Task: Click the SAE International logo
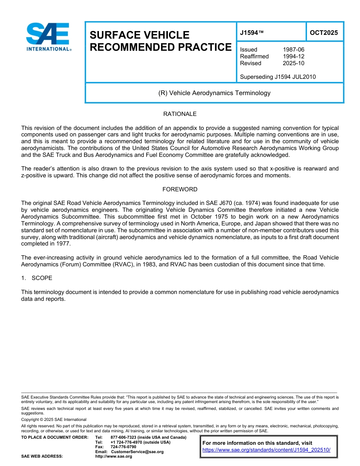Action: pos(48,37)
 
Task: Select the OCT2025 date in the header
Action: pos(324,33)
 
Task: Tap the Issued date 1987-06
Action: pos(293,50)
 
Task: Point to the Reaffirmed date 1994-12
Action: pos(293,56)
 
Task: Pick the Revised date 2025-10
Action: pos(293,63)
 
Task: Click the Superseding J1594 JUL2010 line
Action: pos(278,77)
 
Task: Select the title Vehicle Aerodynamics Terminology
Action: pos(214,93)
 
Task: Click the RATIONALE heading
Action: pos(180,114)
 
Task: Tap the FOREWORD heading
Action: pos(180,189)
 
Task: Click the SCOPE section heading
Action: pos(42,278)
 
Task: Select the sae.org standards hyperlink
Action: pos(266,450)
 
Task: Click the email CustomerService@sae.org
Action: pos(137,452)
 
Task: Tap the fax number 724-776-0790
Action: pos(123,447)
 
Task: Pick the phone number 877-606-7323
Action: pos(124,437)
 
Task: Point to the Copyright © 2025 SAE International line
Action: pos(54,419)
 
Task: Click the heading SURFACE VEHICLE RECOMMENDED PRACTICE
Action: pos(160,41)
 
